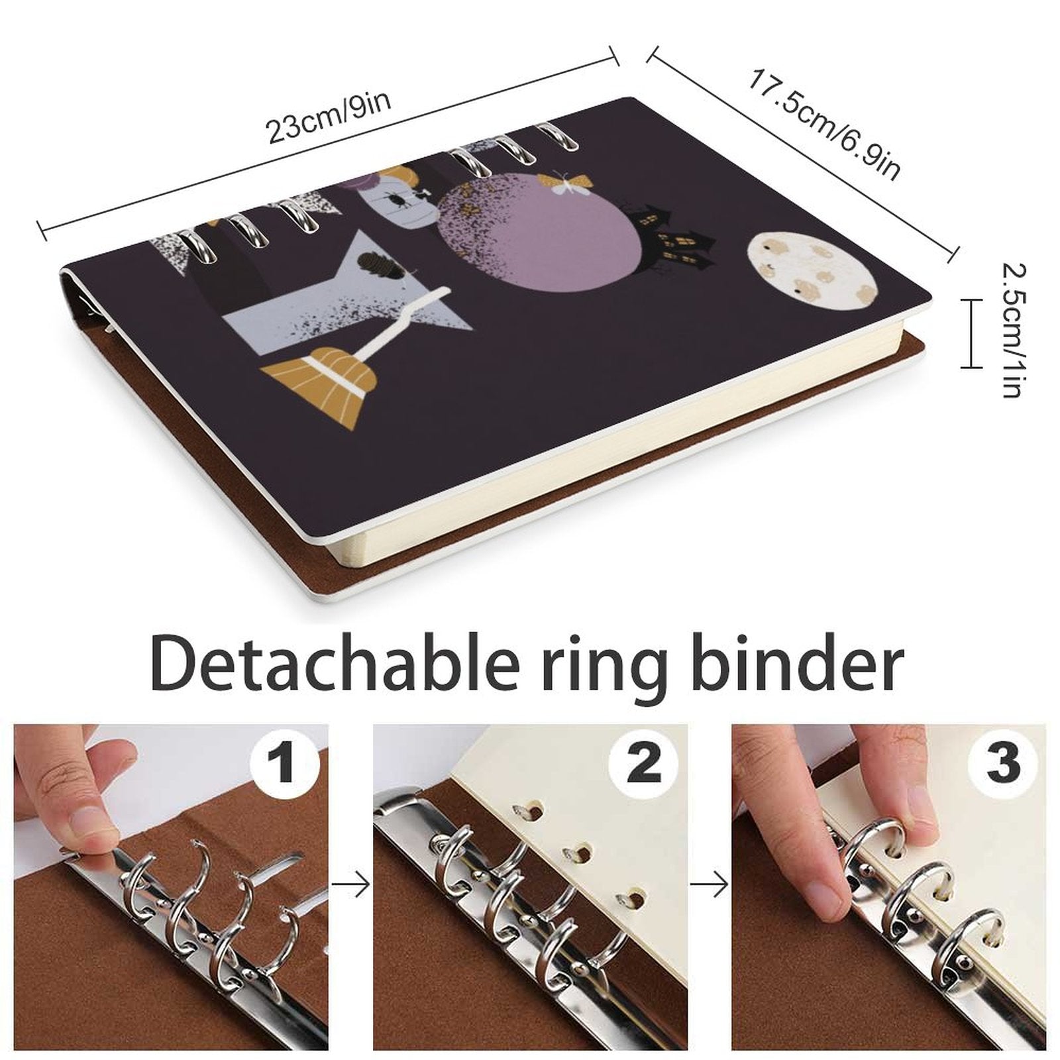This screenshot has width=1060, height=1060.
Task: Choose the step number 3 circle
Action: (x=1002, y=763)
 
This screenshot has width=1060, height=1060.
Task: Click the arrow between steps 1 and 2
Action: (x=351, y=884)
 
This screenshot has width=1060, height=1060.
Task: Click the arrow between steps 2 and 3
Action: (x=710, y=884)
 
